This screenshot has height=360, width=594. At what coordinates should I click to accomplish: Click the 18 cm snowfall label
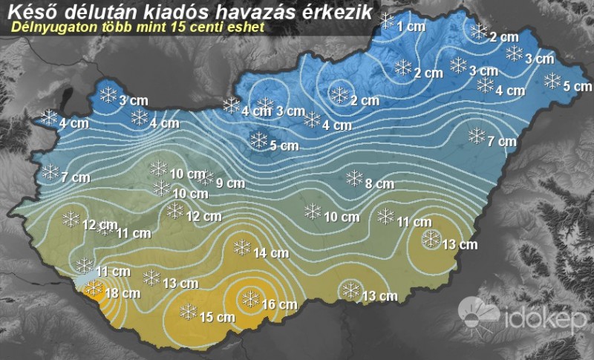(123, 293)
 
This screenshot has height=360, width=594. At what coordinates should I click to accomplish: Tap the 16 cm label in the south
(279, 304)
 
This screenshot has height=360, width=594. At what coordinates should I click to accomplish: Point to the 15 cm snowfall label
(218, 317)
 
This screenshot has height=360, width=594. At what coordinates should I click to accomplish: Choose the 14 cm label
(270, 253)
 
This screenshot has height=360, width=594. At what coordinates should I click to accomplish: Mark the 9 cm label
(230, 183)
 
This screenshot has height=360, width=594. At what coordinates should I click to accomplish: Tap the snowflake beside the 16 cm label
(251, 298)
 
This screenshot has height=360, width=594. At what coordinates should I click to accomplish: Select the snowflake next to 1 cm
(387, 21)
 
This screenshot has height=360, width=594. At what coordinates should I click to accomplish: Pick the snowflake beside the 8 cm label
(354, 177)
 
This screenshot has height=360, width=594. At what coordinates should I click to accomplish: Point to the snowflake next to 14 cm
(241, 247)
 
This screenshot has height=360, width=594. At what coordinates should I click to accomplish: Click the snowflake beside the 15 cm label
(189, 311)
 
